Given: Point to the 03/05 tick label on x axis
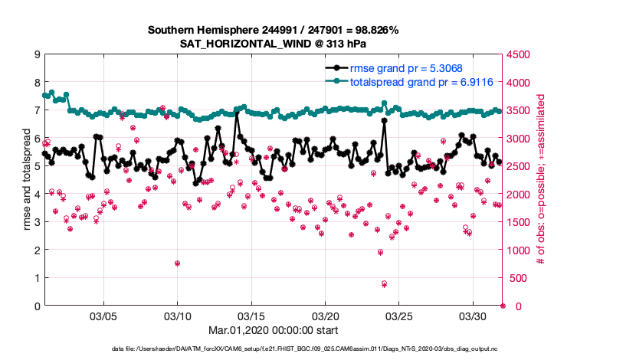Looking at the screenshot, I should coord(103,316).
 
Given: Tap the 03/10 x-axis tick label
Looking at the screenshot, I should coord(178,316).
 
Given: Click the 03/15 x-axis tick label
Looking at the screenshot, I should coord(251,316).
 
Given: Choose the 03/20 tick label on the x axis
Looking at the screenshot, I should coord(326,316).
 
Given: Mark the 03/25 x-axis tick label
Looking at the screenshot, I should coord(399,316).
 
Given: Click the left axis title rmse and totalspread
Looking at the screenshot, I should coord(26,180).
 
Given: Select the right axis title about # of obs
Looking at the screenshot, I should coord(541,180).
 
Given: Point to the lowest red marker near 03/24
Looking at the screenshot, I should coord(384,283).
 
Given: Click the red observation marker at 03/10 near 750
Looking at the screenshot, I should coord(177,263).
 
